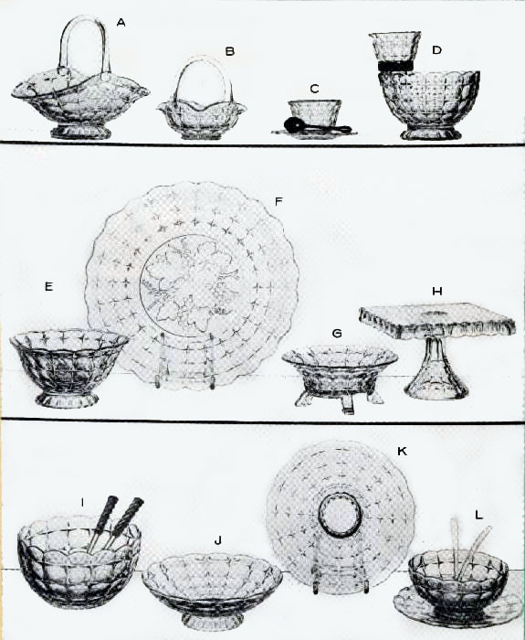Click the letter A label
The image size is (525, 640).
(121, 23)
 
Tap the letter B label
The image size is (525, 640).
(230, 51)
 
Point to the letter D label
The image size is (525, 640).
(437, 50)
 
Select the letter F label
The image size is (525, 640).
(278, 201)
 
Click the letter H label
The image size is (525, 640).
(437, 292)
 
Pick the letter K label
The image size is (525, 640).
(402, 452)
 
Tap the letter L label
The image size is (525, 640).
(478, 515)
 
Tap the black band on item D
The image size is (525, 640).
(395, 66)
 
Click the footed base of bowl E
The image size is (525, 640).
(67, 400)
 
